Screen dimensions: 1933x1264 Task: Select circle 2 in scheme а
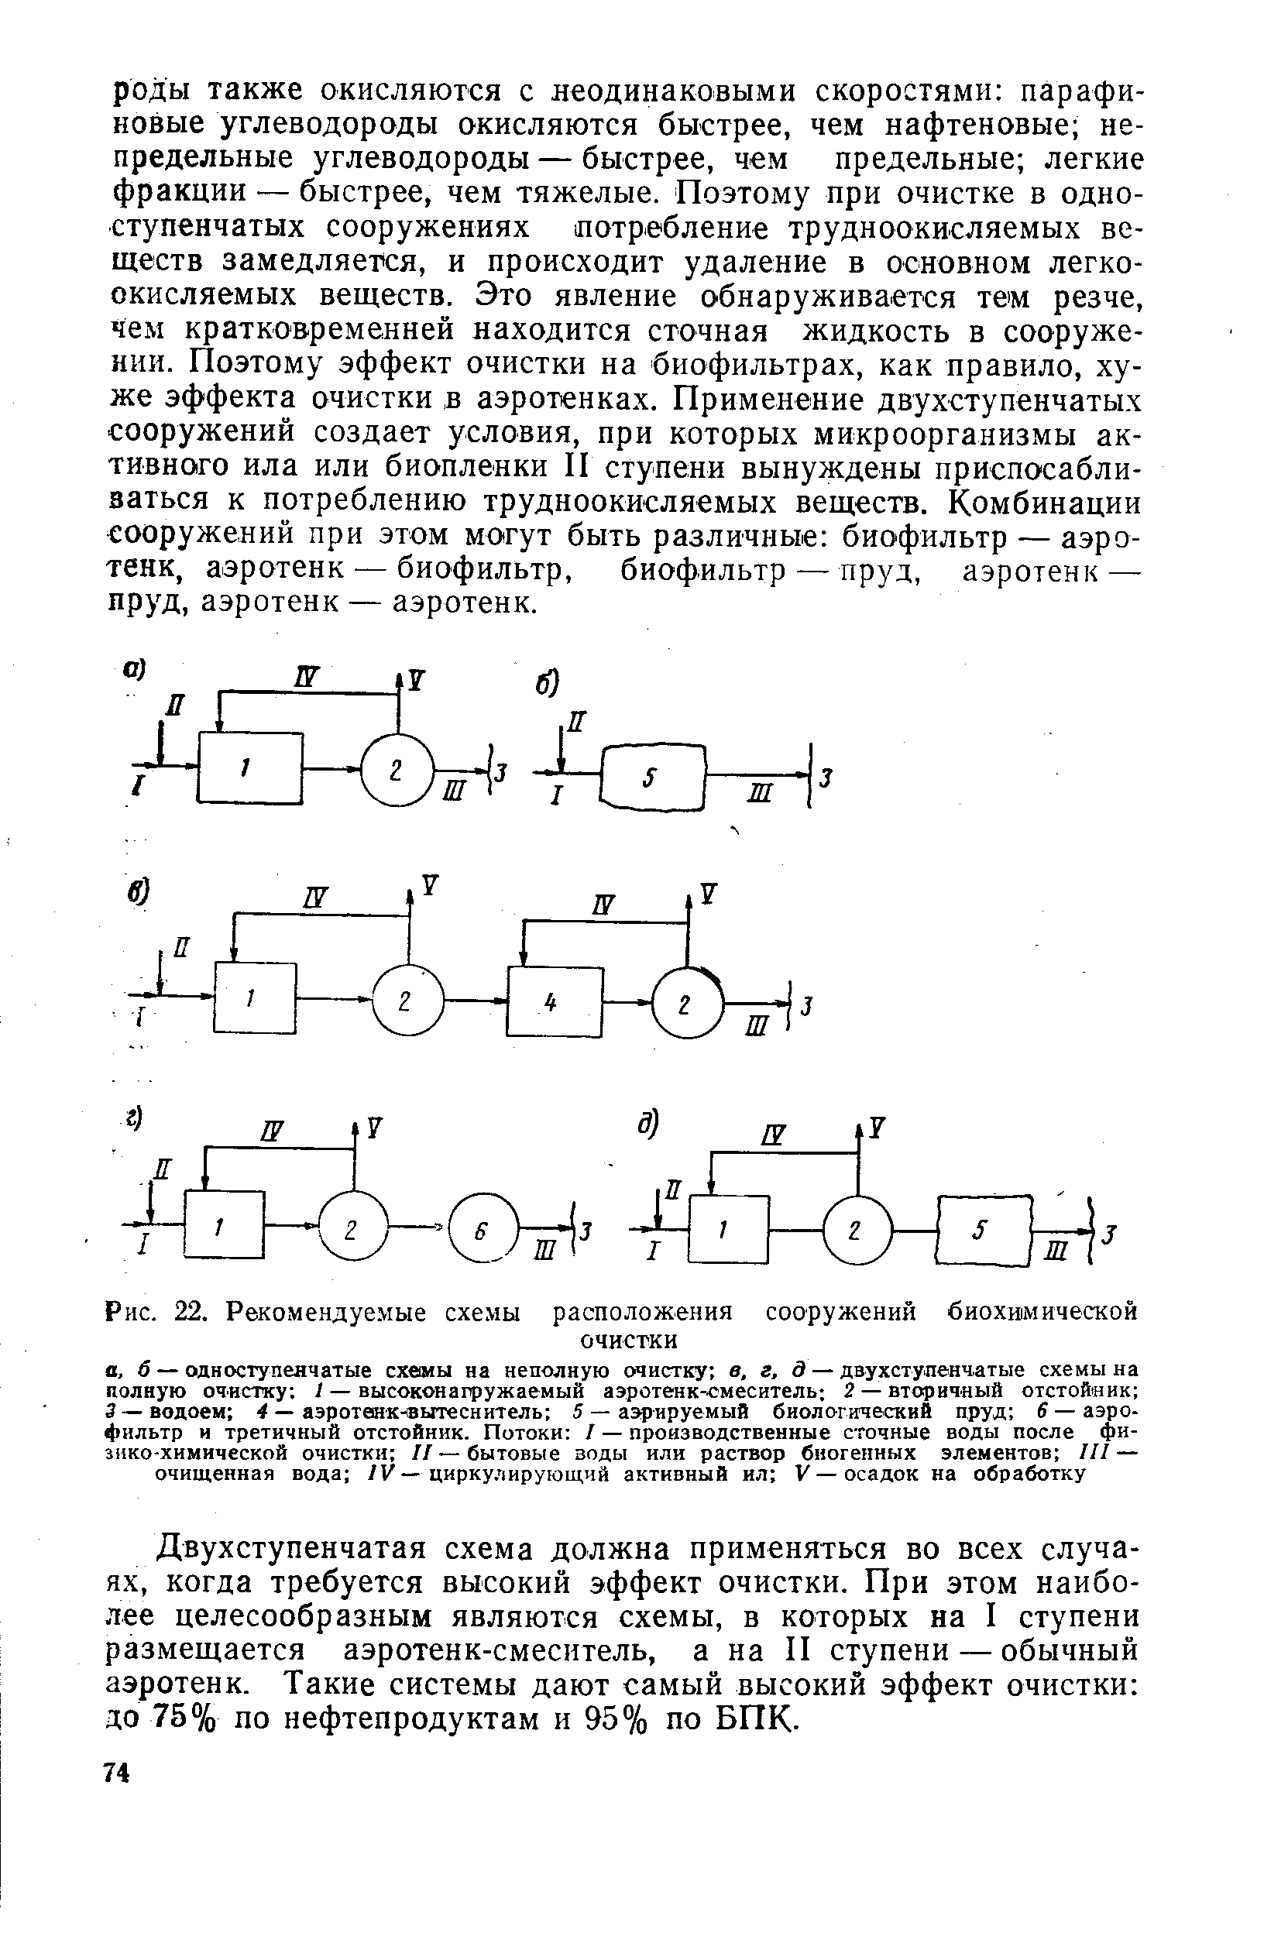tap(397, 771)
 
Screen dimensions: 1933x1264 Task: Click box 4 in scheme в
tap(554, 1002)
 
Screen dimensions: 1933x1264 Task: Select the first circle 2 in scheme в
tap(408, 1002)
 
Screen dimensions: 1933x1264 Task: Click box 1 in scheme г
tap(224, 1224)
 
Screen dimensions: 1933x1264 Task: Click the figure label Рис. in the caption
tap(132, 1313)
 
